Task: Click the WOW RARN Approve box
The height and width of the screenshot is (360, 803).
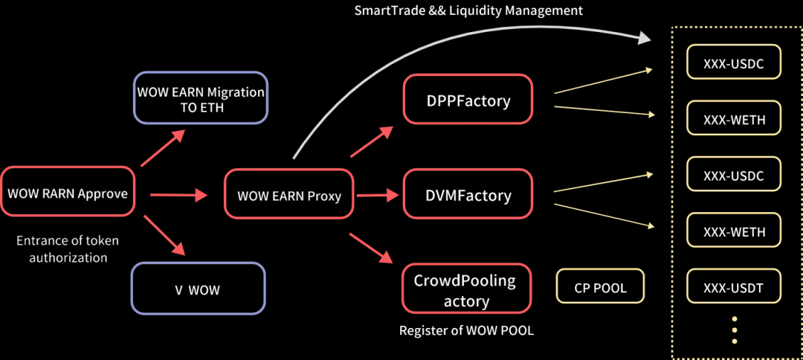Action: pos(68,190)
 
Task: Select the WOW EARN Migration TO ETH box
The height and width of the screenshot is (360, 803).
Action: pos(200,98)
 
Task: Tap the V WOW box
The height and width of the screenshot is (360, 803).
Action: pos(199,288)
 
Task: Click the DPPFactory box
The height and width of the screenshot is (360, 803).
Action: pos(468,100)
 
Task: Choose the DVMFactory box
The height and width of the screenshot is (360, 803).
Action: pos(468,195)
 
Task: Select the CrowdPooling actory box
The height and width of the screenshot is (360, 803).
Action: pos(466,289)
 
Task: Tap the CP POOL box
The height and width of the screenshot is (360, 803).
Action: pos(600,286)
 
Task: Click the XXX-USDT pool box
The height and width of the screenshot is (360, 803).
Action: pos(733,287)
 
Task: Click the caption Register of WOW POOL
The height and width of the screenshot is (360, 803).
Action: pos(466,330)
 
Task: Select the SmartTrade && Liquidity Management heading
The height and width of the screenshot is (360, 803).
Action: pos(469,10)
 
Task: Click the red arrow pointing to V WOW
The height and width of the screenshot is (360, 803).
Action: pos(164,235)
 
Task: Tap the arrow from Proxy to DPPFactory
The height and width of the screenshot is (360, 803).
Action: pos(373,141)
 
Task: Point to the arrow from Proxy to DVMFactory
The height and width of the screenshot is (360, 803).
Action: pos(377,195)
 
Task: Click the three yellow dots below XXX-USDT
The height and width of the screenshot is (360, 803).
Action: pos(735,330)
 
